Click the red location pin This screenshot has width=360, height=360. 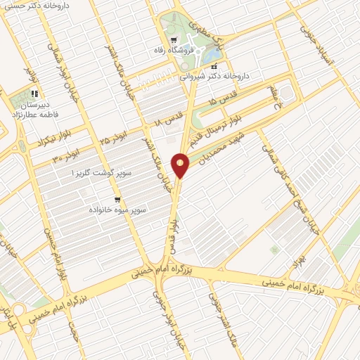click(x=181, y=166)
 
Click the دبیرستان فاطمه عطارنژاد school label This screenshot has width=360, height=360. click(x=35, y=108)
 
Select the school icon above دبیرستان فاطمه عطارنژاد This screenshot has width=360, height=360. click(x=33, y=92)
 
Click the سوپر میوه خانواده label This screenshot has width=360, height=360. click(x=117, y=210)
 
